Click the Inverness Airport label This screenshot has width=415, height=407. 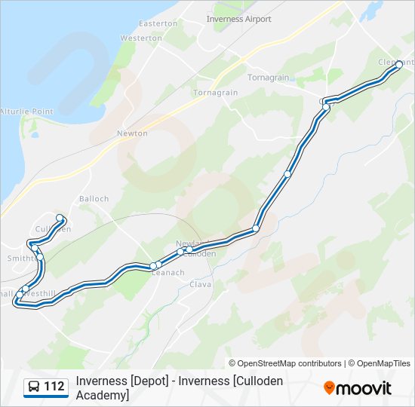tap(238, 19)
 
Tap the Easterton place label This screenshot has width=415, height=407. tap(158, 23)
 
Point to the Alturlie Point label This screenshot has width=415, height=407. tap(27, 112)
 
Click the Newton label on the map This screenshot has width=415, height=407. tap(132, 133)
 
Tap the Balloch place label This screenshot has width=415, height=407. tap(94, 199)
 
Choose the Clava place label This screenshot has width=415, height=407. tap(200, 284)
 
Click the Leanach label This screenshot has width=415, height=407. tap(168, 273)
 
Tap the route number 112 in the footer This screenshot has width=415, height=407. tap(54, 387)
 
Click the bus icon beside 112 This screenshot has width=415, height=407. tap(34, 387)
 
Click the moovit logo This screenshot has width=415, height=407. tap(358, 388)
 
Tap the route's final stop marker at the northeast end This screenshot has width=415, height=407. tap(399, 65)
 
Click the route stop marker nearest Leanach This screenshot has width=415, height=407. tap(153, 265)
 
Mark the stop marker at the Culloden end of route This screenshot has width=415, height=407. tap(60, 218)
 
